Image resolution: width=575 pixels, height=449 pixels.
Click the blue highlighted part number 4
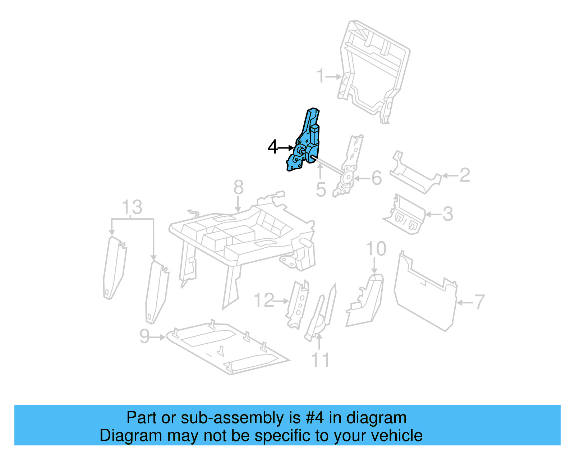(306, 144)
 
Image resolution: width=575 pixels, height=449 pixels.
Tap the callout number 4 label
(273, 147)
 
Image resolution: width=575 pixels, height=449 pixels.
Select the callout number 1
(321, 76)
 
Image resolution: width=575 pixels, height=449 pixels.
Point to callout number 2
(465, 175)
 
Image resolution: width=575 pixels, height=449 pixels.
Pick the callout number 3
(447, 214)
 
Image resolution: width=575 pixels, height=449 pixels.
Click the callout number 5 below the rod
(321, 189)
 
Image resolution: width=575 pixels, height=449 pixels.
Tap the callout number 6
(376, 178)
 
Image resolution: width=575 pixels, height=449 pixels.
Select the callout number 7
(480, 302)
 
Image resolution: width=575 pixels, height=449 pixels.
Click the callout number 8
(239, 187)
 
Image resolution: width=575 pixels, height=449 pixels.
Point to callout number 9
(144, 336)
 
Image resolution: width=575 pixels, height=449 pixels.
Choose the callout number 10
(376, 249)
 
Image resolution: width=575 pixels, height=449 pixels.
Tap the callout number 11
(320, 360)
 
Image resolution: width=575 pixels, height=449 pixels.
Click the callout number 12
(264, 300)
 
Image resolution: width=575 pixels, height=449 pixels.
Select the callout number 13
(132, 207)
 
